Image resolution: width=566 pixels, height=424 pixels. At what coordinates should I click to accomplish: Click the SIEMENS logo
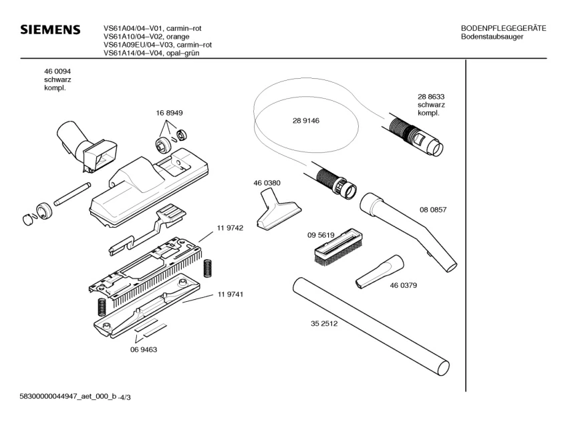(x=50, y=31)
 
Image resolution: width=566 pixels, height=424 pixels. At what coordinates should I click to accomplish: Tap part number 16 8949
(x=170, y=114)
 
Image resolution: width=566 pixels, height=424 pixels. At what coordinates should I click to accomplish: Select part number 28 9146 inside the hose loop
(x=305, y=121)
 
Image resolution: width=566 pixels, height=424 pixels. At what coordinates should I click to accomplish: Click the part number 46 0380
(x=267, y=183)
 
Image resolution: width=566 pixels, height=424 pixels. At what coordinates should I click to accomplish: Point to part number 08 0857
(x=432, y=210)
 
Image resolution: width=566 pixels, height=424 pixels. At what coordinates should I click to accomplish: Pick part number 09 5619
(x=321, y=235)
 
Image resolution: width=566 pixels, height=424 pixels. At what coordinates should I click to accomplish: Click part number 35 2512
(x=323, y=325)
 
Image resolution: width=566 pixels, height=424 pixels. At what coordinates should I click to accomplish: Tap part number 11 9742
(x=229, y=228)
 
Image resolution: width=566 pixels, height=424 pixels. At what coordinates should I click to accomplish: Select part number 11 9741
(x=229, y=294)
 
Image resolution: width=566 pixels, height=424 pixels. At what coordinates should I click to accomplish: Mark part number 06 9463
(x=143, y=349)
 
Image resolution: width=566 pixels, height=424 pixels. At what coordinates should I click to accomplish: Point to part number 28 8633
(x=431, y=96)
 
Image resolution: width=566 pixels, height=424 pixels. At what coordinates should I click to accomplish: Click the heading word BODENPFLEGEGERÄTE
(x=503, y=28)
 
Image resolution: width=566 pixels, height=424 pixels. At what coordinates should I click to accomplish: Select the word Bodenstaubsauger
(x=492, y=37)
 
